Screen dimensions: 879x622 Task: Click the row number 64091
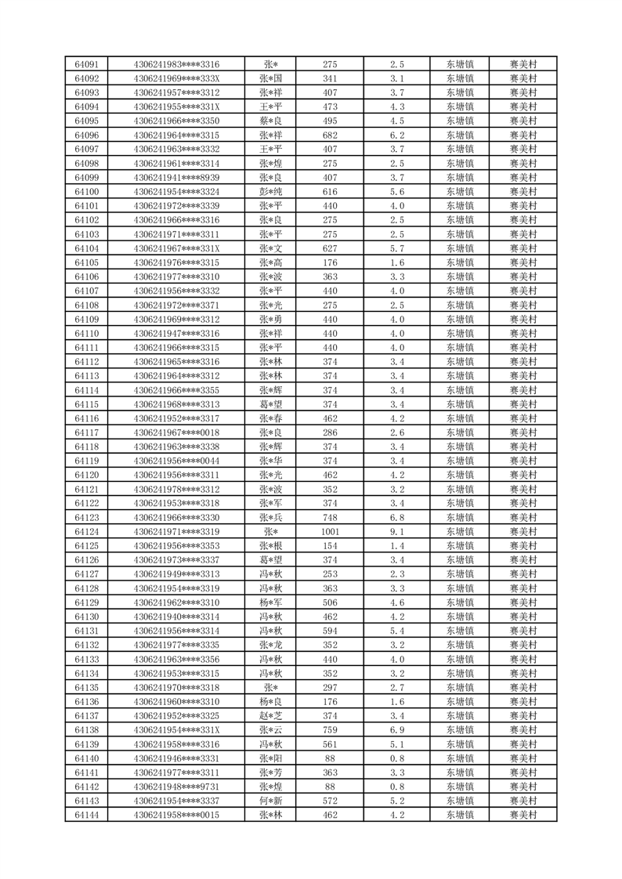(86, 64)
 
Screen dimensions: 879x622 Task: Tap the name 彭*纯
(270, 192)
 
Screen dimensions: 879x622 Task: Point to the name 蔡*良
(270, 121)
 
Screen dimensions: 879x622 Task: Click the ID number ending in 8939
(176, 178)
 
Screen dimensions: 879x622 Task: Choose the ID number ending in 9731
(176, 787)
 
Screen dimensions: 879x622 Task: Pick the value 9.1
(396, 532)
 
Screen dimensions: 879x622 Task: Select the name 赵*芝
(270, 716)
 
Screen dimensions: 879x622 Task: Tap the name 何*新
(270, 801)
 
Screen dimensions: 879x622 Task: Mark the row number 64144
(86, 816)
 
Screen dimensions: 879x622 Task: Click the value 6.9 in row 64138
(396, 730)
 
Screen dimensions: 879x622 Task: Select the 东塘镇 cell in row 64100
(459, 192)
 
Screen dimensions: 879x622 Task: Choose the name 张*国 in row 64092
(270, 78)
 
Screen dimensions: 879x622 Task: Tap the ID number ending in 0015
(176, 816)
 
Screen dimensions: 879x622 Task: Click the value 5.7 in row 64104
(396, 248)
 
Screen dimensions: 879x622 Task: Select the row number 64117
(86, 432)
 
